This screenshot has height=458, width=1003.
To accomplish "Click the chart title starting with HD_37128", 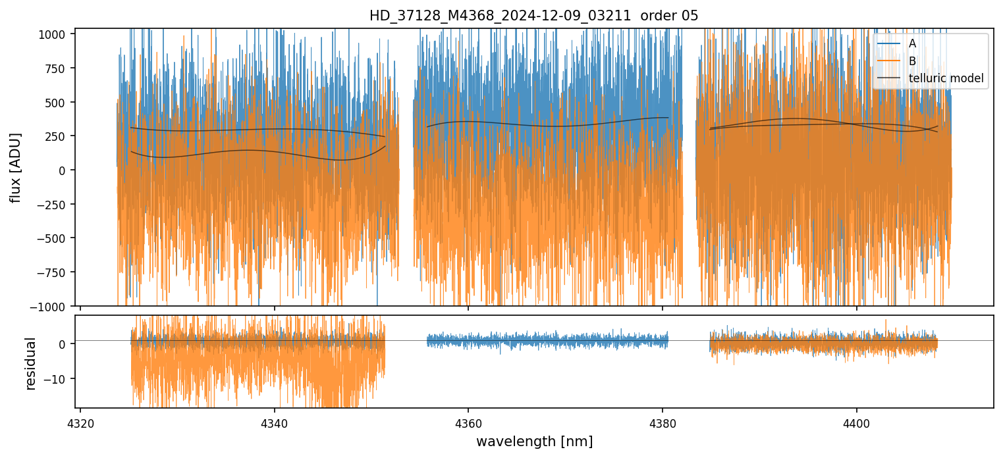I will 533,15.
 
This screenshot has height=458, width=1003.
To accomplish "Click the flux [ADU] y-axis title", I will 15,167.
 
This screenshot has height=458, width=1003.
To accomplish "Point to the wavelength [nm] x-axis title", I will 534,441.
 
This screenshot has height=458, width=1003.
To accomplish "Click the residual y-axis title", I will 30,363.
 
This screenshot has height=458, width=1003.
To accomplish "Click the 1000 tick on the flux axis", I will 56,34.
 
